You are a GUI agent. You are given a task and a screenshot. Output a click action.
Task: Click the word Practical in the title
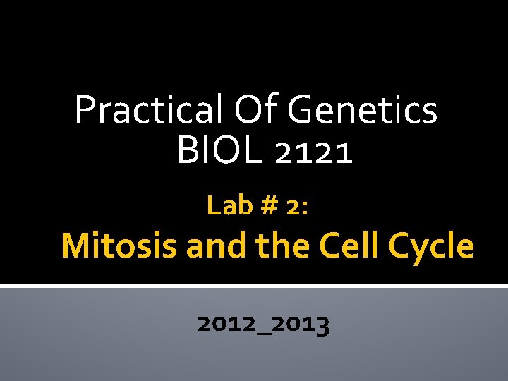tap(145, 110)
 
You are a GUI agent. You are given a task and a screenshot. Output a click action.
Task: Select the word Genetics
tap(363, 110)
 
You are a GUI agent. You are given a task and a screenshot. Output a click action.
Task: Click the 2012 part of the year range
tap(224, 324)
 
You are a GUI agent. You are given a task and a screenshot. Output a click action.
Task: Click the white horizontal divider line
tap(254, 286)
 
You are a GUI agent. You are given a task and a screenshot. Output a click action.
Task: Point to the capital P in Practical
tap(85, 110)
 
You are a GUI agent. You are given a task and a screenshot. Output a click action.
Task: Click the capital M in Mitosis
tap(75, 246)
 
